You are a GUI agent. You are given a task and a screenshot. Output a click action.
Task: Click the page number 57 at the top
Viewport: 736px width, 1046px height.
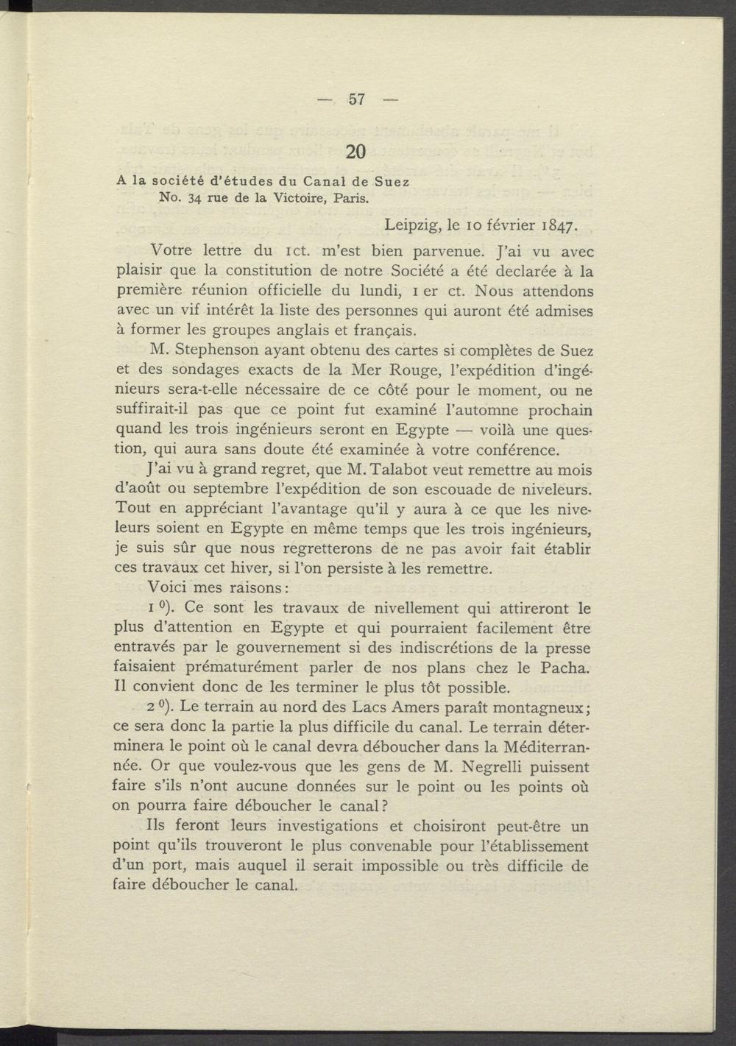357,99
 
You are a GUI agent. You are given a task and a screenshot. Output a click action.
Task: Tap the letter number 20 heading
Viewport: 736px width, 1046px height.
355,152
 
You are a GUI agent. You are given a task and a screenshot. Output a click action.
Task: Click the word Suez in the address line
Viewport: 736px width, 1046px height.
392,180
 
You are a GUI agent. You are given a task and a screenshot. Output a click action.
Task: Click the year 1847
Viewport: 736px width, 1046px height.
563,225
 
